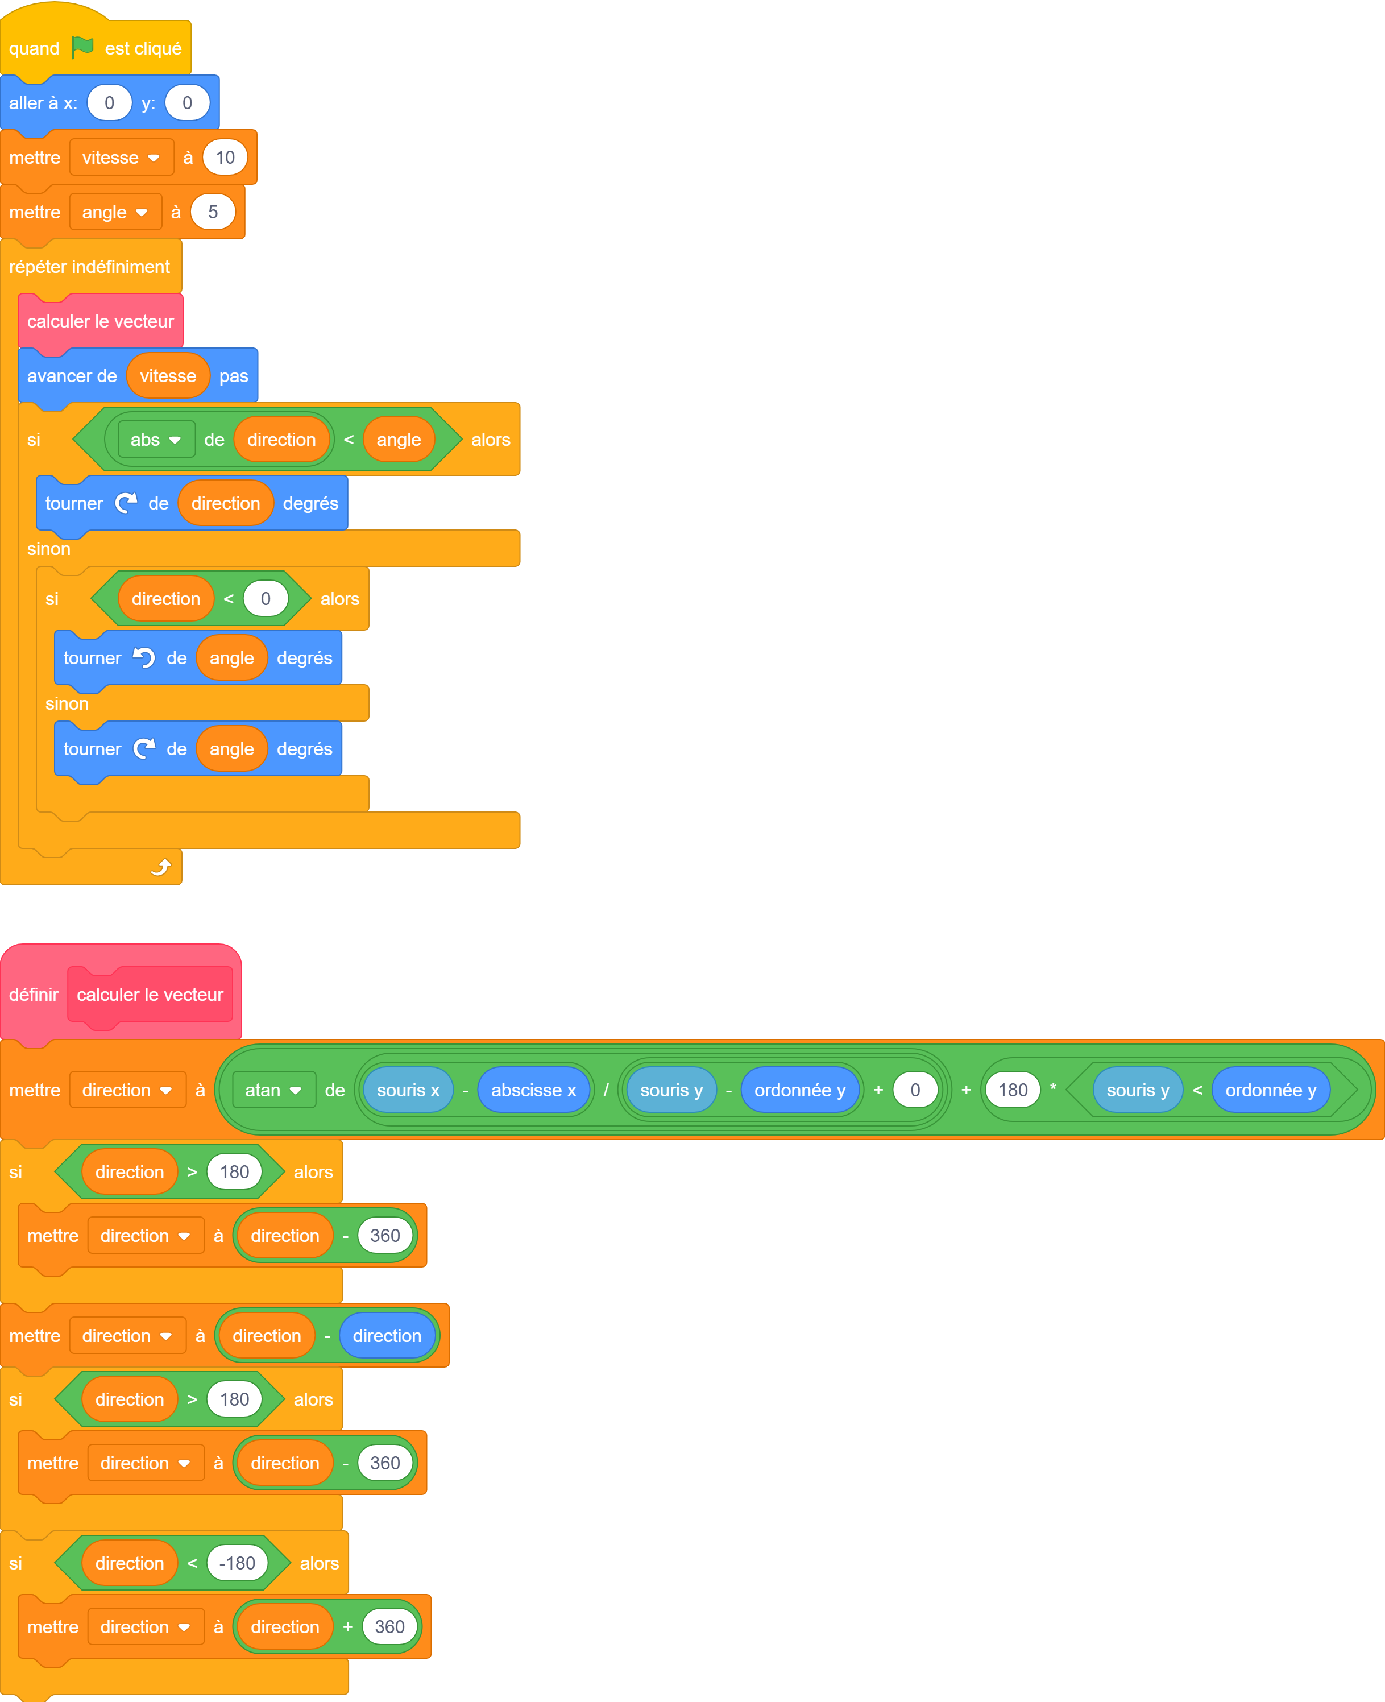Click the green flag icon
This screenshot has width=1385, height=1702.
point(82,47)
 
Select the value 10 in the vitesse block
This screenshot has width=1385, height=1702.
point(225,157)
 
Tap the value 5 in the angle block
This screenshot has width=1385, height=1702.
point(213,212)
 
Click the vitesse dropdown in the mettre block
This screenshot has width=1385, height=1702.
point(121,157)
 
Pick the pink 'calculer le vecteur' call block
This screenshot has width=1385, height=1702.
point(101,321)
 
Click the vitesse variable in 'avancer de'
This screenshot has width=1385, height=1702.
point(168,376)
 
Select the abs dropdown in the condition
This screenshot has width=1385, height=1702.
point(156,440)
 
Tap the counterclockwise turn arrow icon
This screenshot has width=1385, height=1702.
point(144,657)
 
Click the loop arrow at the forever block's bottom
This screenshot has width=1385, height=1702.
point(161,867)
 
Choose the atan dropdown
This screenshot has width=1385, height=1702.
point(273,1090)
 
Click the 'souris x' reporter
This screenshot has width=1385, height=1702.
point(408,1090)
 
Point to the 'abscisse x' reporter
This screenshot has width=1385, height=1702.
point(534,1090)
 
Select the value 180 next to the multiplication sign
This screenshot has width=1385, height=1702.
point(1013,1090)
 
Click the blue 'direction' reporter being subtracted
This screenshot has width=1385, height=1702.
point(387,1336)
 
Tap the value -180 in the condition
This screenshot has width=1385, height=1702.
point(237,1563)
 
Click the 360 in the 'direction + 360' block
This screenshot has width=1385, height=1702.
point(389,1627)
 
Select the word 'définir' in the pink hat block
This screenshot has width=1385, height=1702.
point(34,994)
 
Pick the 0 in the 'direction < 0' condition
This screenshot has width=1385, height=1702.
point(266,598)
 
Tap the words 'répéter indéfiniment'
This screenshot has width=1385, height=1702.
point(89,267)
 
